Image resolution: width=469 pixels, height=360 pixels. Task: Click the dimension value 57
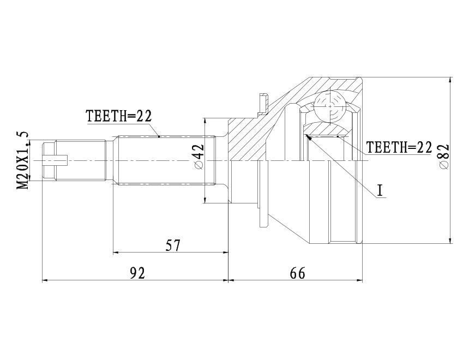tap(173, 245)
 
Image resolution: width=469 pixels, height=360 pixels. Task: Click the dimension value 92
tap(137, 273)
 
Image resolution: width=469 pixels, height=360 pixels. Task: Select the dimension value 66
tap(298, 273)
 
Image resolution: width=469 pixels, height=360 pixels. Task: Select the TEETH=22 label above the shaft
tap(119, 116)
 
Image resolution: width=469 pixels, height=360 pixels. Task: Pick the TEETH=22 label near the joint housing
tap(400, 147)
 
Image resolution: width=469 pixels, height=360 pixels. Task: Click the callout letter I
tap(380, 190)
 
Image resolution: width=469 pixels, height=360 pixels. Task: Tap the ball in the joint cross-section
tap(330, 106)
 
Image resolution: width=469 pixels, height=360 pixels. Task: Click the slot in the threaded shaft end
tap(56, 161)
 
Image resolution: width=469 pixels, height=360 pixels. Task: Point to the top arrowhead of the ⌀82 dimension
tap(450, 81)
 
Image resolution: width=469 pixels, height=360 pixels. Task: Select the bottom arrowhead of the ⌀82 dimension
tap(450, 240)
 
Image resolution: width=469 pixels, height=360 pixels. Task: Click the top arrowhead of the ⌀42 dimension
tap(205, 122)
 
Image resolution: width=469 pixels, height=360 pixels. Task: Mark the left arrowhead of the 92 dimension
tap(45, 280)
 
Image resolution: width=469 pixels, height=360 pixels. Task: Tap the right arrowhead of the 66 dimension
tap(359, 280)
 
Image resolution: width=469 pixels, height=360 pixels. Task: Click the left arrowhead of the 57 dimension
tap(117, 253)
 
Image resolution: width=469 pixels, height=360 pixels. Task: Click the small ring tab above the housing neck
tap(262, 104)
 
